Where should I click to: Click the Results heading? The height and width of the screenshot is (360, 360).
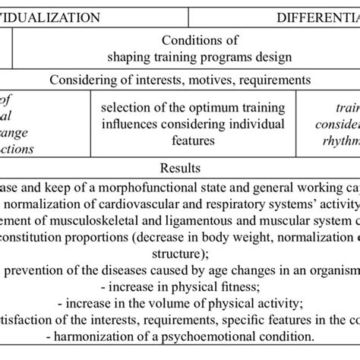(180, 163)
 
